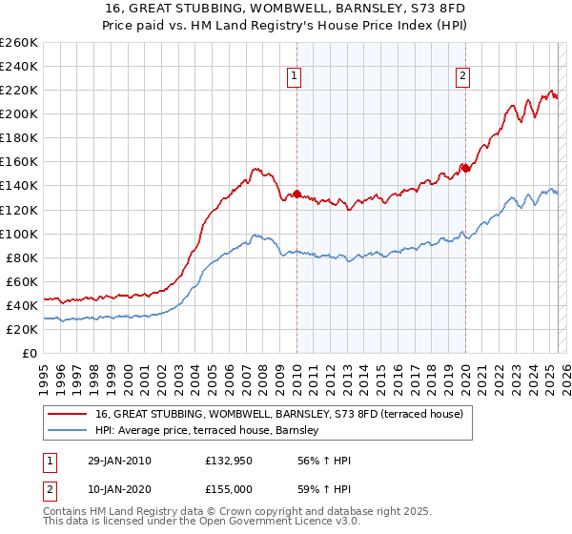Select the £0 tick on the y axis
coord(31,353)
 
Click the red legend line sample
coord(66,414)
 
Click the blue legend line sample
coord(66,431)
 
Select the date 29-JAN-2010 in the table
coord(117,462)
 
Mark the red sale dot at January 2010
coord(296,194)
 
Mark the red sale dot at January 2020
coord(465,168)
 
